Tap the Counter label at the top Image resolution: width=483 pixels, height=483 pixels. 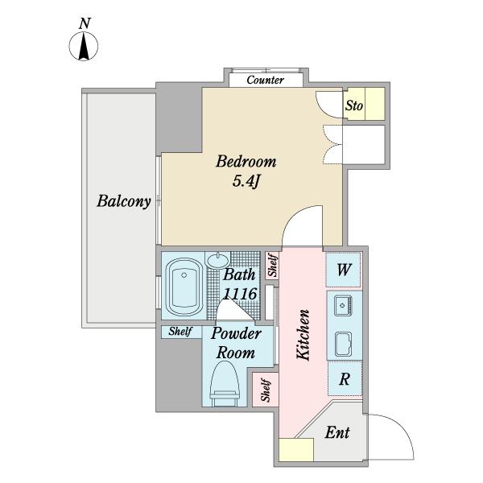[265, 80]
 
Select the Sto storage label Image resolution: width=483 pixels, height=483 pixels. [354, 105]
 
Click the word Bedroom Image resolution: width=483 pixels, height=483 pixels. [246, 161]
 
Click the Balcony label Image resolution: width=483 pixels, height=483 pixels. [125, 201]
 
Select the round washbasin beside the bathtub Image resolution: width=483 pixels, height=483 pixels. [217, 260]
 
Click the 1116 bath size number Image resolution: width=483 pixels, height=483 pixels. [239, 295]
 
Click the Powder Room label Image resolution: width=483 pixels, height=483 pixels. [236, 343]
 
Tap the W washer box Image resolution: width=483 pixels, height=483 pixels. [344, 270]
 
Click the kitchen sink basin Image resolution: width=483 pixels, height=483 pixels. [342, 344]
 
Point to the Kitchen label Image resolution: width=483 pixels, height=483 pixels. [304, 333]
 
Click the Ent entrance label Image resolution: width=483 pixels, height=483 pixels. [336, 433]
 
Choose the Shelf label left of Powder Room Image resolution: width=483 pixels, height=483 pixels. [179, 331]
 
